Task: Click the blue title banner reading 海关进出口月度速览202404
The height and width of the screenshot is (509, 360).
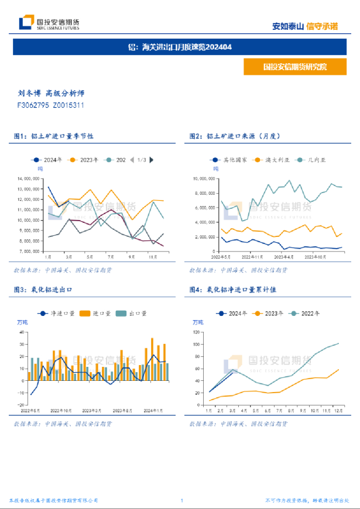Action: (x=180, y=47)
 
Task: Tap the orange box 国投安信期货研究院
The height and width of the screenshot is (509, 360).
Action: (x=295, y=67)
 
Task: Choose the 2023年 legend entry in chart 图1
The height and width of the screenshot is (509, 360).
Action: (x=85, y=159)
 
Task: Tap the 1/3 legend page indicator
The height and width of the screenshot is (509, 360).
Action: (x=142, y=159)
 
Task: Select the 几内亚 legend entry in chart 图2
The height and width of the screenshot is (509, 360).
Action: (x=309, y=159)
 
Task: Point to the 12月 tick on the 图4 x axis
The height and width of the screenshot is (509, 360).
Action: (x=339, y=411)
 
